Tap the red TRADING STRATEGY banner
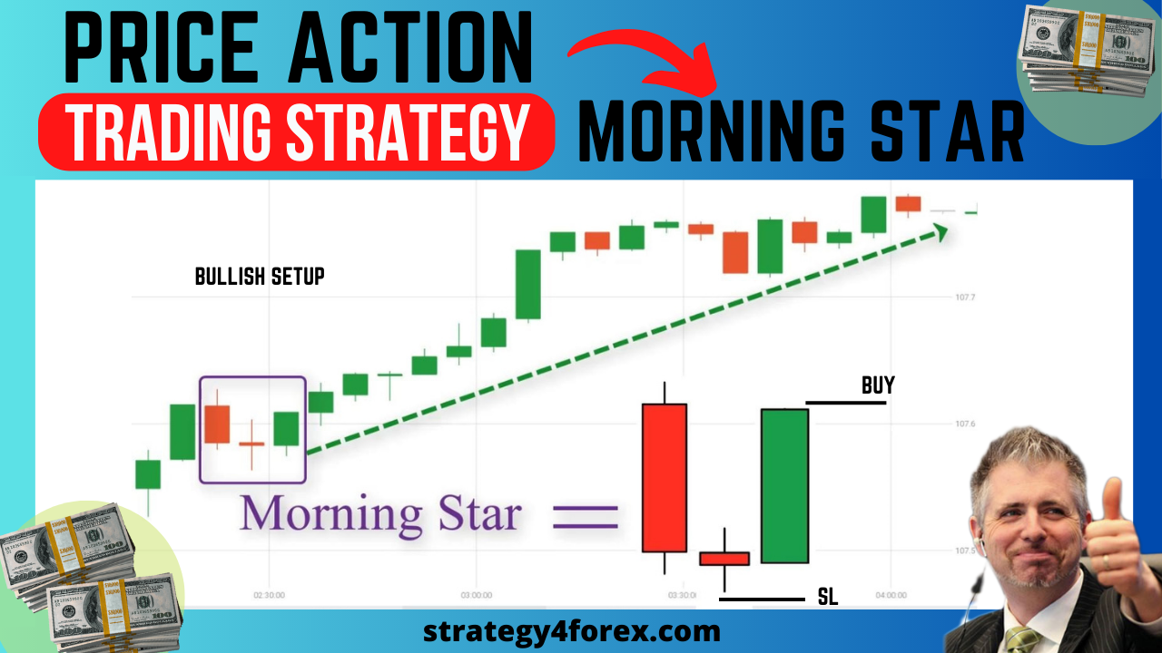click(x=296, y=132)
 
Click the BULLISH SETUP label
click(x=260, y=277)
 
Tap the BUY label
click(x=878, y=385)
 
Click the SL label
click(x=827, y=596)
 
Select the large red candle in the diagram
click(x=665, y=477)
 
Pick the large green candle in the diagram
click(x=784, y=485)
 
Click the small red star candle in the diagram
click(x=724, y=559)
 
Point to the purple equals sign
click(x=586, y=519)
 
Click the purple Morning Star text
click(x=380, y=513)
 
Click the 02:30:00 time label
click(x=269, y=596)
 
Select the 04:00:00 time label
click(x=891, y=596)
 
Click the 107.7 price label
click(x=965, y=297)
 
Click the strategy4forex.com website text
click(x=572, y=630)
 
